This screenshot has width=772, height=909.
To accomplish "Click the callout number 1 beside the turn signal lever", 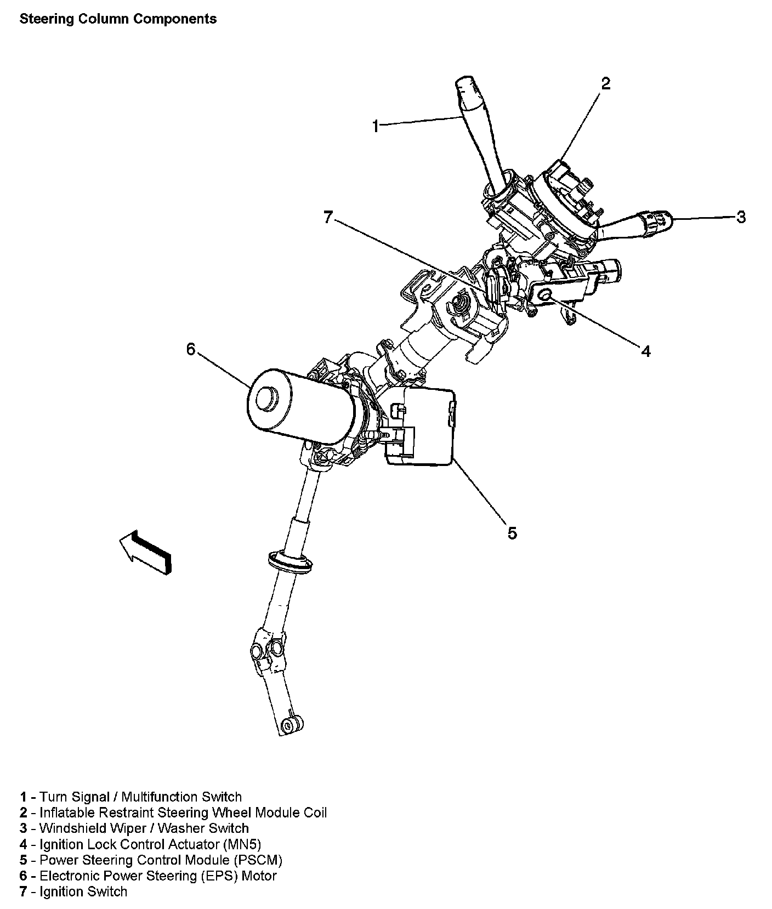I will coord(375,127).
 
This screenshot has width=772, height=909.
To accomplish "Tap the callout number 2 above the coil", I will coord(605,84).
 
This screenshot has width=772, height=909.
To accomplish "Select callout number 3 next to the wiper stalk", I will coord(741,218).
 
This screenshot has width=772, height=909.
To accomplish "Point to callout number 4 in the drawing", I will coord(646,351).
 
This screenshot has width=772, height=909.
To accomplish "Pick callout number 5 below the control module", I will coord(512,533).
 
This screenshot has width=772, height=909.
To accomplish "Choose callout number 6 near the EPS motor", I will coord(190,349).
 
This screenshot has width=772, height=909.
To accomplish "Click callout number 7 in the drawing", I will coord(328,218).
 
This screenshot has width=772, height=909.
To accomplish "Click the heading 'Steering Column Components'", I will coord(118,19).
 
